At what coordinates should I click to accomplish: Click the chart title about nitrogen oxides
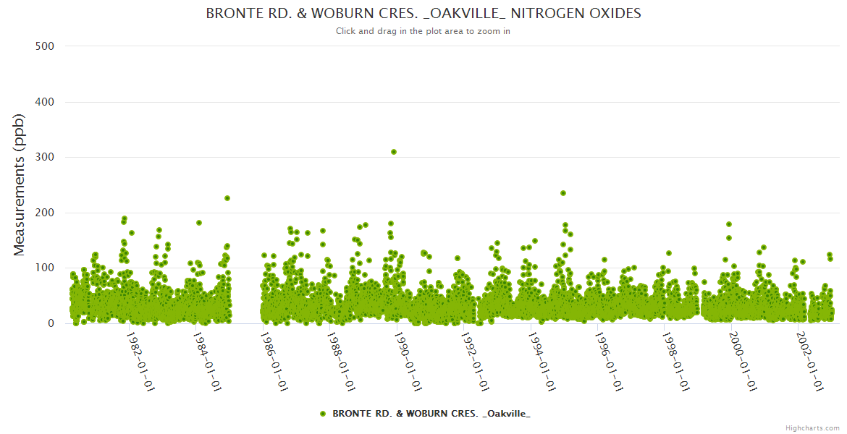423,14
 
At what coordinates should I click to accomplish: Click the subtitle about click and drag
423,31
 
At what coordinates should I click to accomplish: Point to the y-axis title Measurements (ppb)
20,184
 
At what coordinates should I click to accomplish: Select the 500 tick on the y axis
45,46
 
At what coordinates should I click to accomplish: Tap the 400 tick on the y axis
45,102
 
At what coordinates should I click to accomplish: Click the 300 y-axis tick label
45,157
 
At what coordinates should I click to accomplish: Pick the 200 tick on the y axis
45,213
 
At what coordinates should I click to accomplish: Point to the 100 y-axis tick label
45,268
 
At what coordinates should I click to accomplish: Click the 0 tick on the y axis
51,323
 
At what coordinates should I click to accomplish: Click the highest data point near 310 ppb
394,152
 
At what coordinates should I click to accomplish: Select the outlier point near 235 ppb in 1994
563,193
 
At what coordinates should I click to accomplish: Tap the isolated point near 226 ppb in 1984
227,198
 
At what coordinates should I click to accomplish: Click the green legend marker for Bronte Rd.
323,414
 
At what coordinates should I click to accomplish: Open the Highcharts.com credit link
812,428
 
